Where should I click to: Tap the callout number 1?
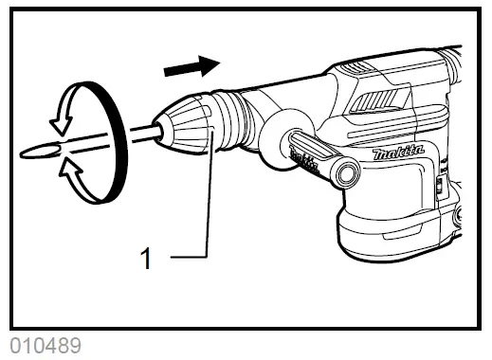[146, 258]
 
